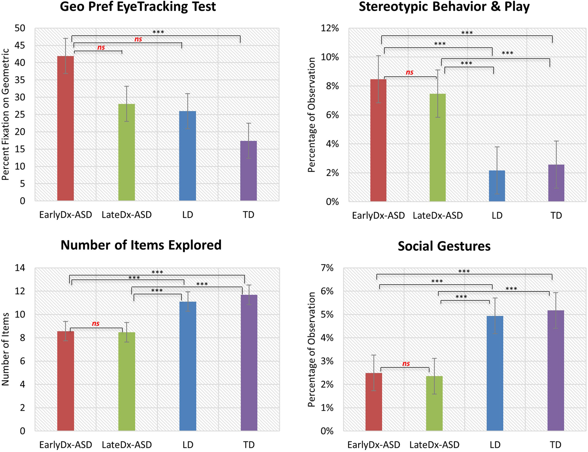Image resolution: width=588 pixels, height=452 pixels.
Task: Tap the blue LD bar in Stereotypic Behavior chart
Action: pos(497,186)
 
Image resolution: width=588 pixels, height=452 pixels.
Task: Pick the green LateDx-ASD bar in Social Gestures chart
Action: pos(434,403)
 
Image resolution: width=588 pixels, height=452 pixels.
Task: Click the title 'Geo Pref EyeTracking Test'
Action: pos(138,7)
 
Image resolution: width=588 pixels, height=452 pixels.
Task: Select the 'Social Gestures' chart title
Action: pos(444,246)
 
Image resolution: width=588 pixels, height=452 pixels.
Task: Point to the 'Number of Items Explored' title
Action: pos(141,245)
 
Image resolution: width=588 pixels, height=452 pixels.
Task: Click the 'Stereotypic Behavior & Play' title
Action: pos(444,7)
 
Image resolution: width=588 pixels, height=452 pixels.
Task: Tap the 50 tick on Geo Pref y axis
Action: pos(20,28)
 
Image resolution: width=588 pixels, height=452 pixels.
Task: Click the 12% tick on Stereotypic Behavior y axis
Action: pos(330,28)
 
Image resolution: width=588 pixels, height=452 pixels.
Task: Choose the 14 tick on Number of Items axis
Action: pos(20,268)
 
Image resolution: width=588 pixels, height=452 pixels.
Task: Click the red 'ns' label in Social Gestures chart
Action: pos(406,364)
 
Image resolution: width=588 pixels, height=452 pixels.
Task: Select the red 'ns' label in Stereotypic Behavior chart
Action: pos(409,72)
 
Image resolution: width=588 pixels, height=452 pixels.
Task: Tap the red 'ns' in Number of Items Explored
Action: pos(96,323)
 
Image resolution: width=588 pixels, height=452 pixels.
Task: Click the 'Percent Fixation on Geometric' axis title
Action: pos(6,114)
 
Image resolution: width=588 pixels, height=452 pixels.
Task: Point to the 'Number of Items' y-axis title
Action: pos(6,349)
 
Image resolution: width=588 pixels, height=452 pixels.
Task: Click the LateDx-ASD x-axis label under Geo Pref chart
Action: pos(126,215)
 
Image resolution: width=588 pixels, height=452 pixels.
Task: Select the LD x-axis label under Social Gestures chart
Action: pos(495,445)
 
